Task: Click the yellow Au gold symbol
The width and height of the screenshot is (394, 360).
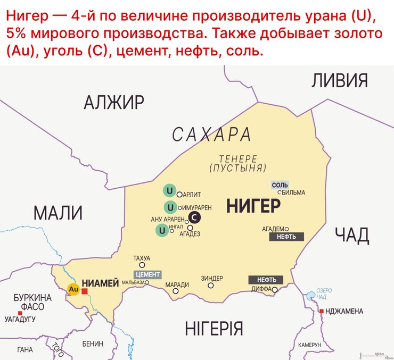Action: [x=73, y=289]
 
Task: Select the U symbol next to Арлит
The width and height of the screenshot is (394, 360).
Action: [x=169, y=190]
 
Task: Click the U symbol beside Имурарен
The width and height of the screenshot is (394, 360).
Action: [x=169, y=207]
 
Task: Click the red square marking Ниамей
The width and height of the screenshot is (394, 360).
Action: [x=85, y=291]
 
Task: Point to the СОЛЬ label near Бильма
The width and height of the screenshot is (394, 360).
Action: [x=280, y=185]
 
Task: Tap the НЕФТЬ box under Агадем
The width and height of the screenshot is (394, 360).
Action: [x=286, y=237]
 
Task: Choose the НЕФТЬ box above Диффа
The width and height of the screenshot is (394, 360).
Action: [x=266, y=279]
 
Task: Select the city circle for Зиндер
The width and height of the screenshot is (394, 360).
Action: [x=211, y=286]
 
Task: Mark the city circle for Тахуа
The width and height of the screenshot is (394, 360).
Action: [x=142, y=265]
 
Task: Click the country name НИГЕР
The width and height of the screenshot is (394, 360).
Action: [x=253, y=206]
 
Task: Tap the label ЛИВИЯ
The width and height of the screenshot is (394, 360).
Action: [x=340, y=81]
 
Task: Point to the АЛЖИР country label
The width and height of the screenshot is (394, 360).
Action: [x=113, y=102]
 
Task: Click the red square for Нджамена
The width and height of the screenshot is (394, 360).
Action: [x=321, y=311]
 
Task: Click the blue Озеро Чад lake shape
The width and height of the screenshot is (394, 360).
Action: [x=310, y=296]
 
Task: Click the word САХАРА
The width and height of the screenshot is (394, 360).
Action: [x=211, y=135]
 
